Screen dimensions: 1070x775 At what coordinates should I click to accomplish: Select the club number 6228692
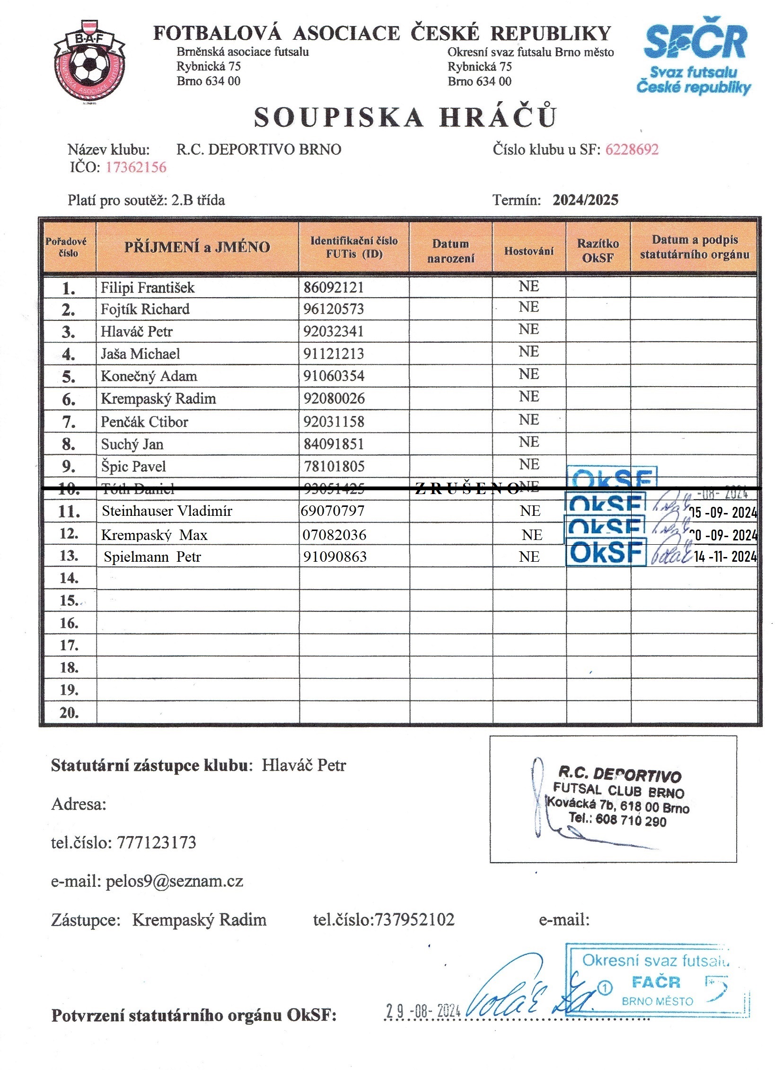pyautogui.click(x=632, y=150)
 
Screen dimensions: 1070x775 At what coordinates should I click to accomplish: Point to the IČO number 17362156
pyautogui.click(x=136, y=167)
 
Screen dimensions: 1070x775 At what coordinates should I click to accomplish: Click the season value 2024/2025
pyautogui.click(x=585, y=200)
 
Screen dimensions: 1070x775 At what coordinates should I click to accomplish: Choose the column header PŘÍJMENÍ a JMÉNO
pyautogui.click(x=197, y=247)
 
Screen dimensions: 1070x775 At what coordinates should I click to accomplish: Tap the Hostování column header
pyautogui.click(x=528, y=251)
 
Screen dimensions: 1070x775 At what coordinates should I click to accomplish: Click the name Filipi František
pyautogui.click(x=148, y=287)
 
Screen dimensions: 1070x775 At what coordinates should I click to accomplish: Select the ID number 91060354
pyautogui.click(x=334, y=376)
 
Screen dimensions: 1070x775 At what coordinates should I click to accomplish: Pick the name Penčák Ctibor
pyautogui.click(x=144, y=421)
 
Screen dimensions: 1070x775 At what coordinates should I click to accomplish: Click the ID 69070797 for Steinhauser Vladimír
pyautogui.click(x=333, y=511)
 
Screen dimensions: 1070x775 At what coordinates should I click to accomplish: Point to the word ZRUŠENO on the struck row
pyautogui.click(x=466, y=489)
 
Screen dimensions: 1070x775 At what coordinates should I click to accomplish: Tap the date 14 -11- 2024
pyautogui.click(x=725, y=557)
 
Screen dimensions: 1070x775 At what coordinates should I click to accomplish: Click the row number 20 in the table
pyautogui.click(x=69, y=713)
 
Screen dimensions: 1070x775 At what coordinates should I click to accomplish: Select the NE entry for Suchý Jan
pyautogui.click(x=528, y=442)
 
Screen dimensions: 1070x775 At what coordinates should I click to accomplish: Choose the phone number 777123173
pyautogui.click(x=156, y=842)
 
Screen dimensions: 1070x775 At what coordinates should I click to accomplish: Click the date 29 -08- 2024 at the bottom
pyautogui.click(x=423, y=1011)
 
